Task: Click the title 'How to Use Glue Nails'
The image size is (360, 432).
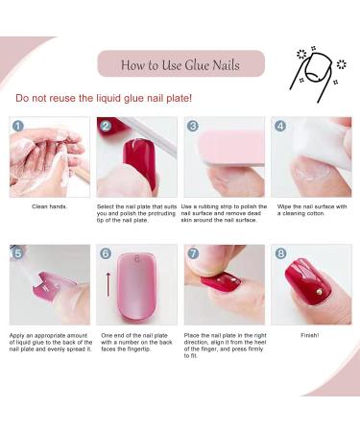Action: [x=180, y=65]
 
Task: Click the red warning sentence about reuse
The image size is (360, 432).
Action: [x=104, y=98]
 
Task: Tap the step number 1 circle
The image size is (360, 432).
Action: [x=18, y=126]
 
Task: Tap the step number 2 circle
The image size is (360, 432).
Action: [x=106, y=126]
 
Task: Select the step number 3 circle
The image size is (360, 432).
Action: [x=192, y=126]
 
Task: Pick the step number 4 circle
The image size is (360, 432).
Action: [x=279, y=126]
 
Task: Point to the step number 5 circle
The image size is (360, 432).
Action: [x=18, y=253]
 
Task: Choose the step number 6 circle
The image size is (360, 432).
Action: [x=106, y=253]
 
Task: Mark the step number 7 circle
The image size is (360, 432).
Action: [x=192, y=253]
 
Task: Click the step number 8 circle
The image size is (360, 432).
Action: [x=280, y=253]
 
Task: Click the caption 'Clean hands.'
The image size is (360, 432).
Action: [x=50, y=206]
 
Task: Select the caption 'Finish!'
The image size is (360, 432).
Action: [x=310, y=334]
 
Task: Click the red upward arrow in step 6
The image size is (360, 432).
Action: [x=108, y=284]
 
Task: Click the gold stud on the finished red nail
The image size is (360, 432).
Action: [x=320, y=286]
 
